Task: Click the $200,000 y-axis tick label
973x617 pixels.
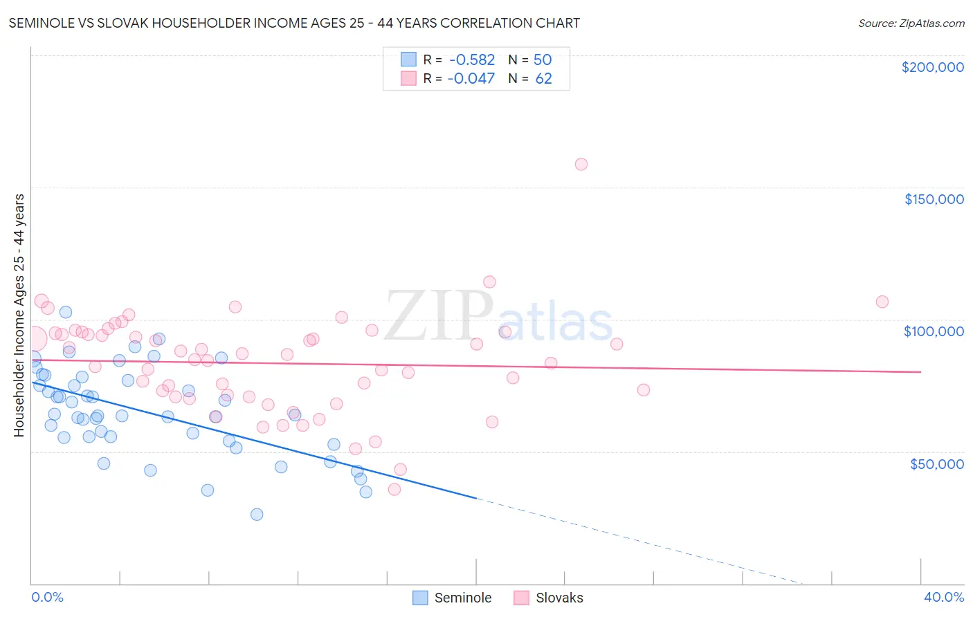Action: coord(932,67)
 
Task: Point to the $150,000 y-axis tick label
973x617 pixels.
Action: coord(934,199)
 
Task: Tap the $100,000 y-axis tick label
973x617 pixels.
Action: coord(934,331)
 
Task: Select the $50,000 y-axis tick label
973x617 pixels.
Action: coord(936,464)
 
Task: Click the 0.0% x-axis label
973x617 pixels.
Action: coord(47,597)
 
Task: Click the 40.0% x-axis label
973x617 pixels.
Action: coord(943,597)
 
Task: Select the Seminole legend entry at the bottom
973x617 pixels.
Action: coord(462,598)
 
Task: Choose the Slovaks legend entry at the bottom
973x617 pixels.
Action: coord(559,598)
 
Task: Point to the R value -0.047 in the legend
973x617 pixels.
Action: coord(471,79)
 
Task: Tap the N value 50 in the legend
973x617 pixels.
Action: coord(543,60)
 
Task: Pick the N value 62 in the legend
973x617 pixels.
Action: coord(543,79)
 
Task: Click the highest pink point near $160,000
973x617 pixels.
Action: coord(581,164)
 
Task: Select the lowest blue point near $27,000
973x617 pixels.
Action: coord(257,514)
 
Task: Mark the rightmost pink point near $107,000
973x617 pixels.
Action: coord(882,302)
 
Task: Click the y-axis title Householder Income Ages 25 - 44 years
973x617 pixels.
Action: coord(19,315)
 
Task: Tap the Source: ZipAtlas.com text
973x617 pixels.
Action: coord(911,24)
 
